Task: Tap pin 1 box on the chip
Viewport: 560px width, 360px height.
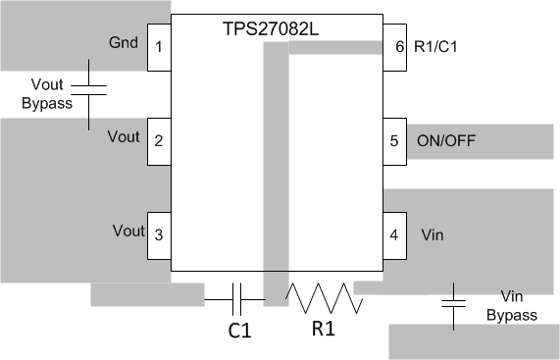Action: point(159,47)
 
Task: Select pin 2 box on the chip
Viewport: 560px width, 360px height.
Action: point(159,140)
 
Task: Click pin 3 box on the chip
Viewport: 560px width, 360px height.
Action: point(159,235)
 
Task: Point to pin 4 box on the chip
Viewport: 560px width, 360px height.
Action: point(394,235)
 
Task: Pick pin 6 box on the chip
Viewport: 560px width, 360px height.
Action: point(394,47)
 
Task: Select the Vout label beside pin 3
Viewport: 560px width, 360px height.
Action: point(127,231)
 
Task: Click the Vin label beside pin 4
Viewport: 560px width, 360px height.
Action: point(432,235)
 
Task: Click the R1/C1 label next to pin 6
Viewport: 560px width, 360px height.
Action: point(435,47)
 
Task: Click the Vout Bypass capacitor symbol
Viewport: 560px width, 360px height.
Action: point(89,91)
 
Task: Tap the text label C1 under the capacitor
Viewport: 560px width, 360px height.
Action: point(239,332)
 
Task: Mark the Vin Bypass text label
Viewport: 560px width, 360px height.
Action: point(519,306)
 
